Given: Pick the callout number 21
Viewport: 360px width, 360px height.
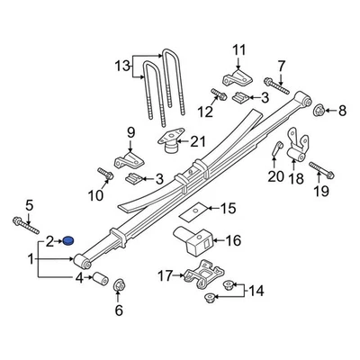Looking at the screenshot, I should pyautogui.click(x=197, y=141).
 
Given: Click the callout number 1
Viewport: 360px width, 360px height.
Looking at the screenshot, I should pyautogui.click(x=32, y=259).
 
